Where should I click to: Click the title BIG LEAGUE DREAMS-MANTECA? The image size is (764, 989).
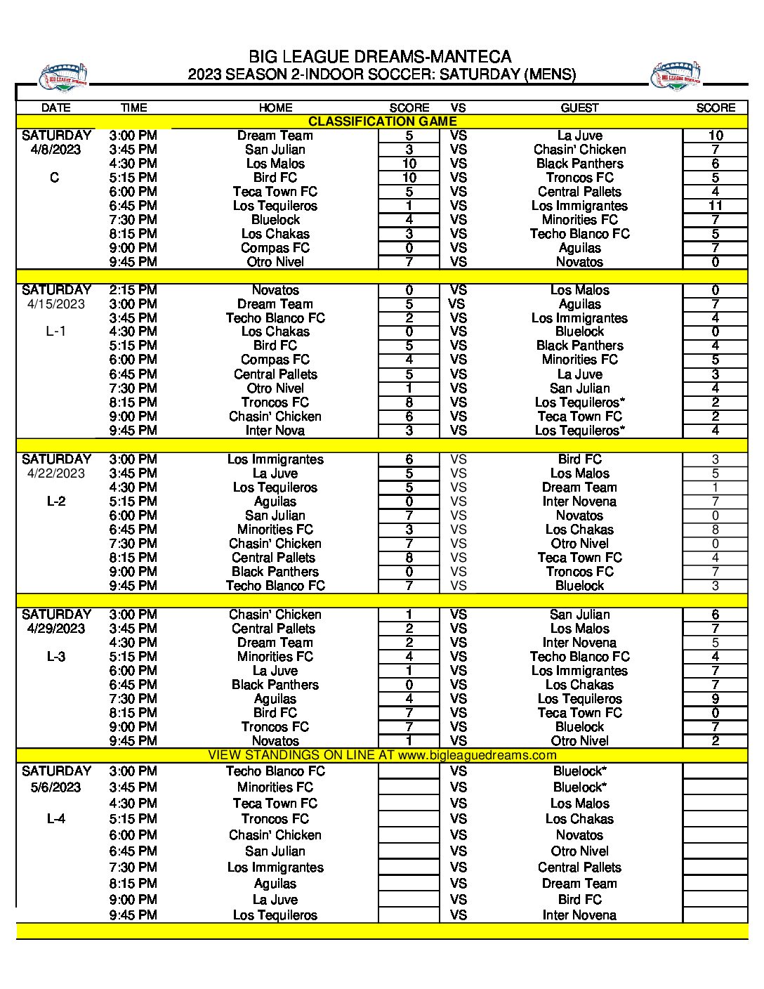[380, 57]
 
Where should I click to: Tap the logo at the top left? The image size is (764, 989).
[63, 77]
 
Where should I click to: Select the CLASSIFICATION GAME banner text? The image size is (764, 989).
[382, 122]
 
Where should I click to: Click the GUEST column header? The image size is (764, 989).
[579, 107]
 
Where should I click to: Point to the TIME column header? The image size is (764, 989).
[133, 107]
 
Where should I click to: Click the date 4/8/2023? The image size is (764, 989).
[55, 150]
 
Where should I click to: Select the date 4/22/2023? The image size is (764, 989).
[55, 473]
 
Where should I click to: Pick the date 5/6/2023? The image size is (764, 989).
[55, 787]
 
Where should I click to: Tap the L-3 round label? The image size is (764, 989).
[55, 657]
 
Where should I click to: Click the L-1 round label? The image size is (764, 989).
[55, 332]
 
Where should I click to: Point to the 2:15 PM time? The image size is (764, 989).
[133, 290]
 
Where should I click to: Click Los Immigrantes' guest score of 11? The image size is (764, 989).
[715, 206]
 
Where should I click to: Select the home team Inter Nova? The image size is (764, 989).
[275, 431]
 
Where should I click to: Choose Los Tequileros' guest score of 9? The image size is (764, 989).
[715, 699]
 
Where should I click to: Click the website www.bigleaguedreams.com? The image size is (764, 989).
[477, 755]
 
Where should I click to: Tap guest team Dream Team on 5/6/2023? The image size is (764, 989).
[579, 884]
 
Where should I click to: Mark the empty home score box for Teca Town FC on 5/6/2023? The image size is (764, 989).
[409, 804]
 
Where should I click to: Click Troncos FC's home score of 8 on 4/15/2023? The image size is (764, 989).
[409, 402]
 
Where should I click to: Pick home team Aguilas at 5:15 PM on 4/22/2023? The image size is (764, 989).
[275, 502]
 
